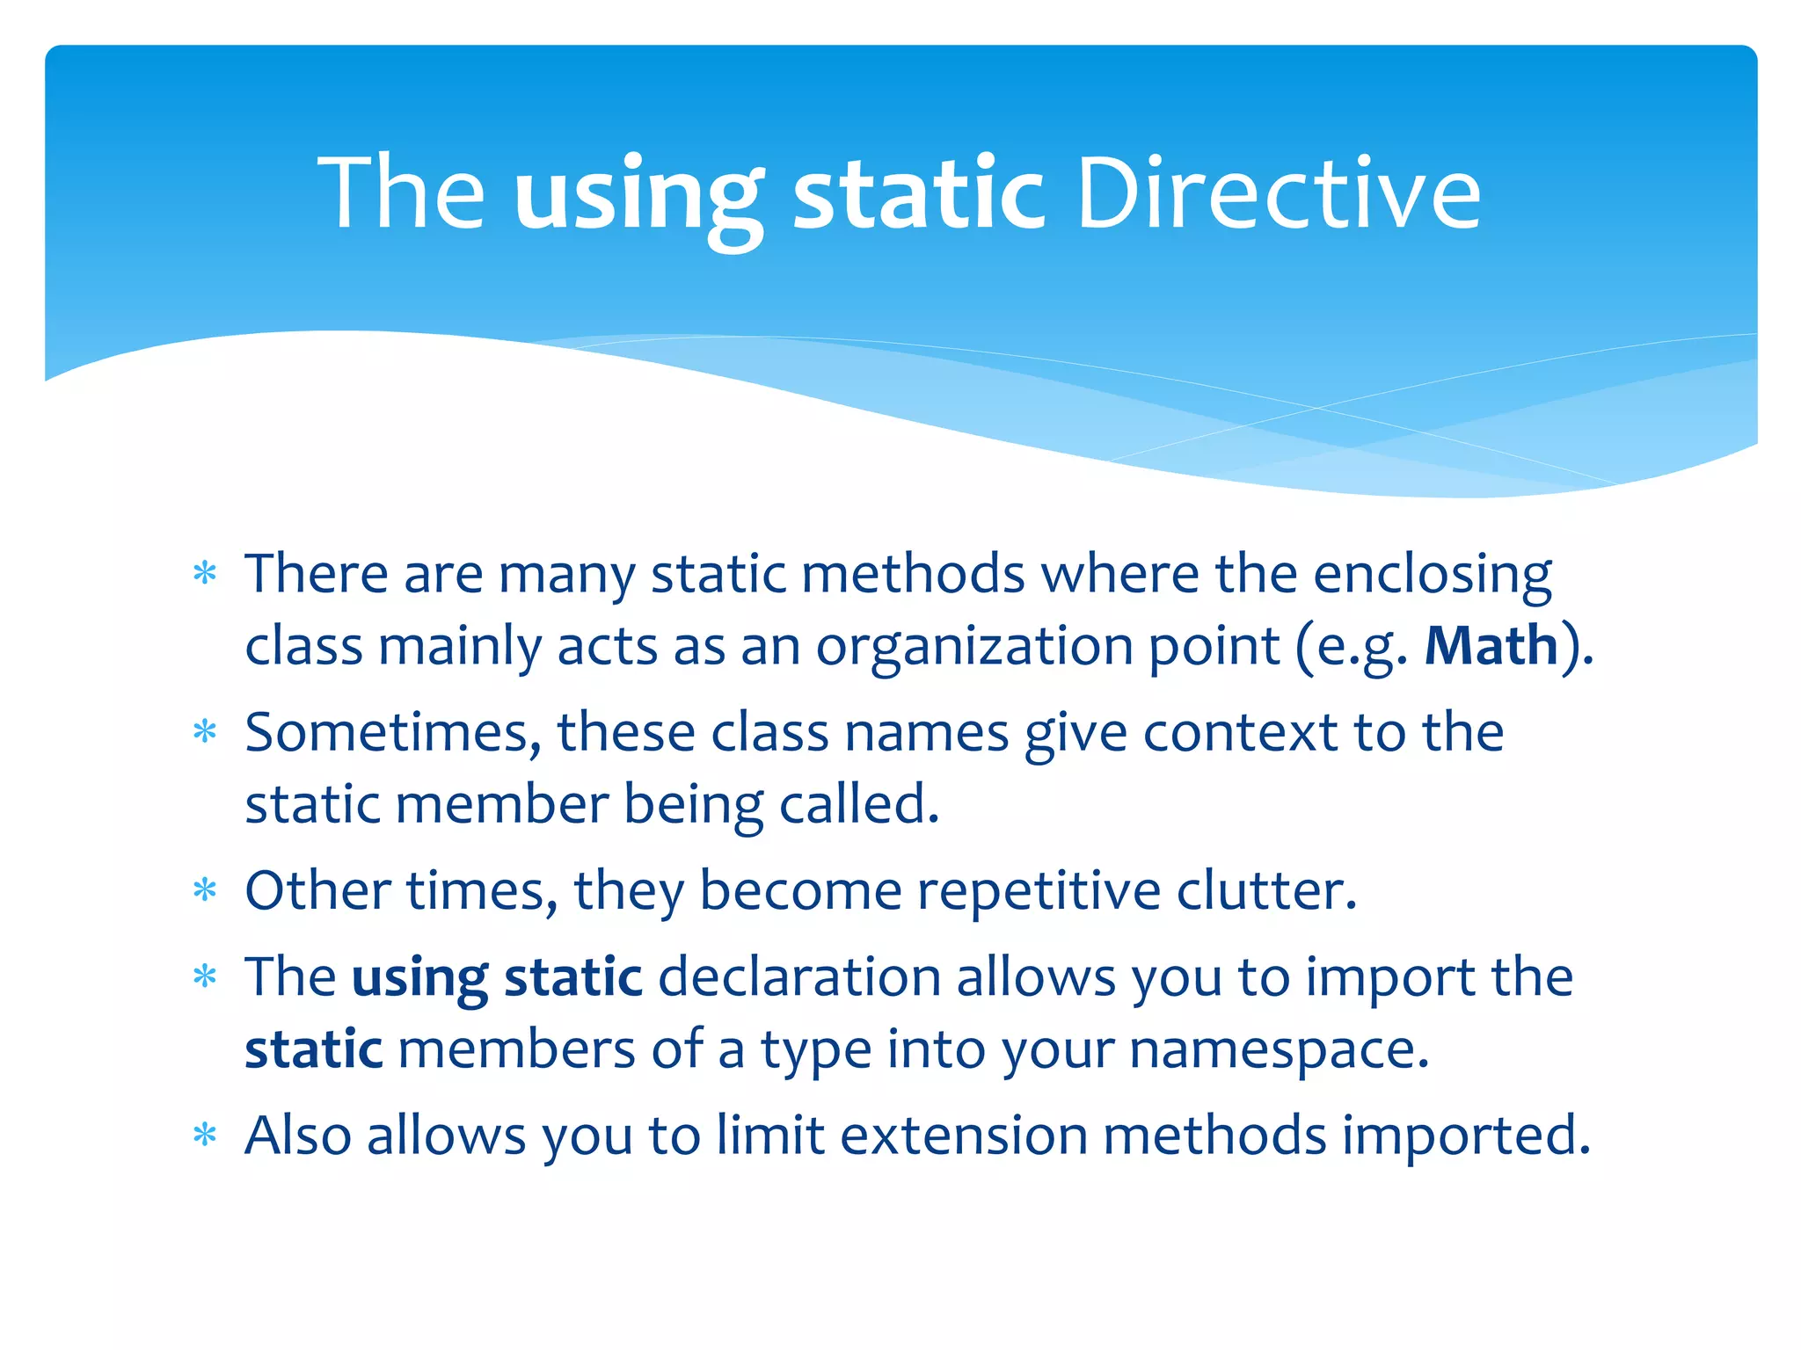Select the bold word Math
[x=1491, y=646]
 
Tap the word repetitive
[x=1039, y=890]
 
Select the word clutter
[x=1266, y=890]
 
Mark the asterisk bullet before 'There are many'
[x=205, y=574]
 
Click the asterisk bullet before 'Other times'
[x=205, y=890]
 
